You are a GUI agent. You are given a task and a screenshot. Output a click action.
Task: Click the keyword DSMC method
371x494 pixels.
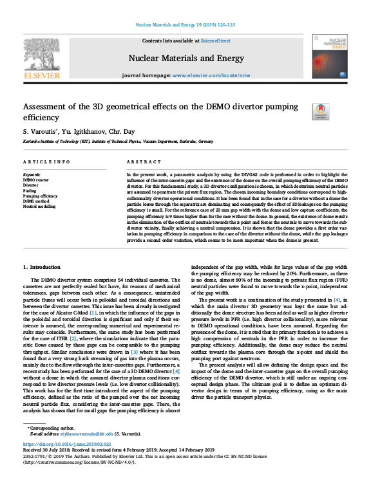click(x=37, y=201)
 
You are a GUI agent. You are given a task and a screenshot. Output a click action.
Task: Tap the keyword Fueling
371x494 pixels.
click(x=31, y=190)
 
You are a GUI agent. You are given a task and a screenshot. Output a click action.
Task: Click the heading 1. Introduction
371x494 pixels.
click(x=43, y=266)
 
